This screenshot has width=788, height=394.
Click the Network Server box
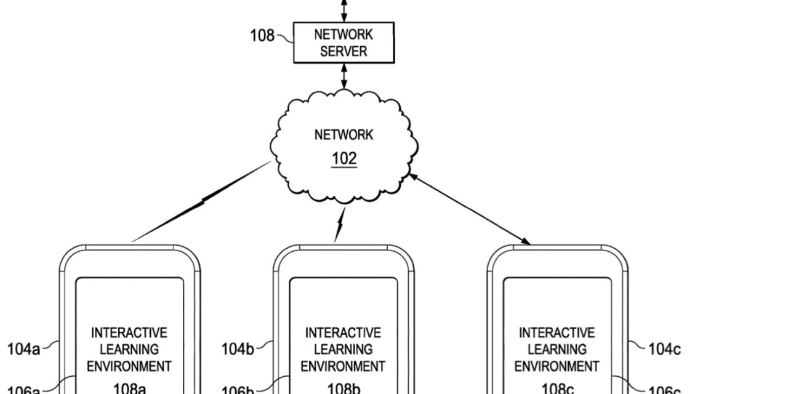(344, 43)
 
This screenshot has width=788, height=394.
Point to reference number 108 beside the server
(262, 36)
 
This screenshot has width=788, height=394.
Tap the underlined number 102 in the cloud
(344, 159)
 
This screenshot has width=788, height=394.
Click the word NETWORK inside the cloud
(344, 135)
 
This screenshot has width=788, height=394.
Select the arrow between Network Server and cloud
(344, 75)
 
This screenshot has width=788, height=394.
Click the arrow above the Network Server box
(344, 10)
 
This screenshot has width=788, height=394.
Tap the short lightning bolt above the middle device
(339, 227)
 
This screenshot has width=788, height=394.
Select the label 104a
(23, 350)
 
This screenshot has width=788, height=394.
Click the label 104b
(238, 350)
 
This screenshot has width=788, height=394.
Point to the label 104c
(665, 350)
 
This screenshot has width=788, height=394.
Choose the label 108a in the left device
(129, 388)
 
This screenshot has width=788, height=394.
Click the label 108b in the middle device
(344, 388)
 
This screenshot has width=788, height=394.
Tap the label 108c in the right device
(557, 388)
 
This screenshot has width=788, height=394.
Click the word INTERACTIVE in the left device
(129, 333)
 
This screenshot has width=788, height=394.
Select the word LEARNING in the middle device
(344, 349)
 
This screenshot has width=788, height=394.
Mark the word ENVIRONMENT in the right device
(557, 366)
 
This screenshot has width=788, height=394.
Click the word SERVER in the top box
(344, 52)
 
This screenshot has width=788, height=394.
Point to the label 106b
(238, 390)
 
